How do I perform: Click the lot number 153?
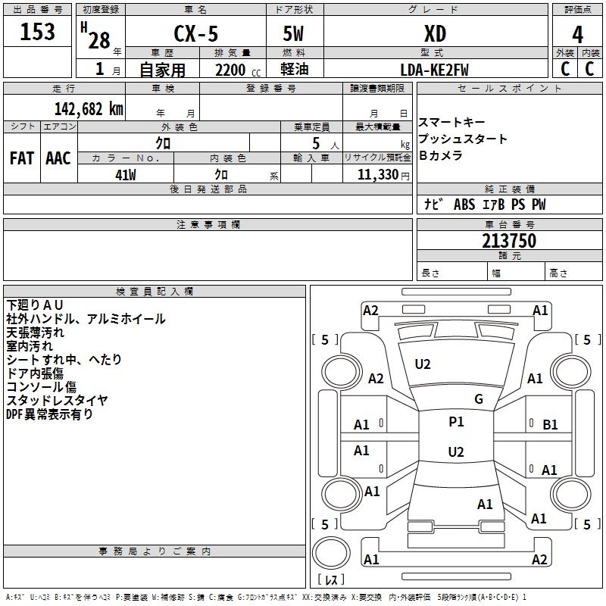37,32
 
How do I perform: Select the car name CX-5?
195,33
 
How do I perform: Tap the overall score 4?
577,35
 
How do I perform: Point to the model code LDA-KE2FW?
434,70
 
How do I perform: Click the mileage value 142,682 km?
89,109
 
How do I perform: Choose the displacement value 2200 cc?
238,70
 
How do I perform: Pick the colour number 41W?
126,175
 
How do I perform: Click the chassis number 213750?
509,241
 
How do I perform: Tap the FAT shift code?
22,158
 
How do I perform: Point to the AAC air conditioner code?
58,158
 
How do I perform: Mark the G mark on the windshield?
479,399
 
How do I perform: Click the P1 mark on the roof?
456,422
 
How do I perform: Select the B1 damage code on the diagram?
550,425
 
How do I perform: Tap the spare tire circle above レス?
331,552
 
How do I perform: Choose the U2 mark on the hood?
423,364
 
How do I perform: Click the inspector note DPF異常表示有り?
49,414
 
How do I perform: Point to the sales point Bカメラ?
441,155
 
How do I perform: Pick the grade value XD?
435,34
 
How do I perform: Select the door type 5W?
293,34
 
